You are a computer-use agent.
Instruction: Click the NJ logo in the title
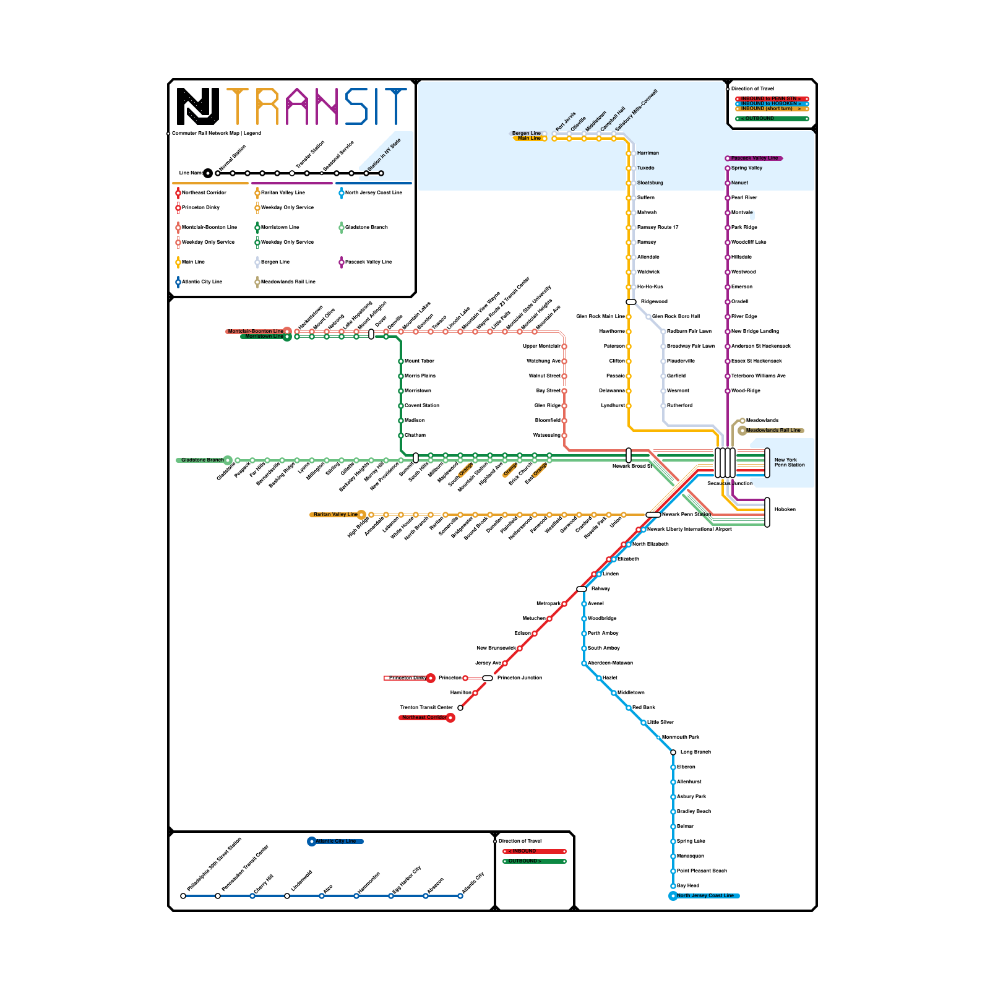point(198,106)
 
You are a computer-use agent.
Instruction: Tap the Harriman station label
point(648,153)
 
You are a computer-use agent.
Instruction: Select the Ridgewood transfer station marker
point(631,302)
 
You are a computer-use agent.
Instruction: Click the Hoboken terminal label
point(785,509)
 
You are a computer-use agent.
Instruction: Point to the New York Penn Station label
point(789,462)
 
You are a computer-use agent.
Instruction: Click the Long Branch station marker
point(673,752)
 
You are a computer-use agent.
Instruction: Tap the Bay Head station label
point(687,885)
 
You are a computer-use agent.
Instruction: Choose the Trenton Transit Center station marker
point(460,708)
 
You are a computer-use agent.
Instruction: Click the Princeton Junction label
point(519,678)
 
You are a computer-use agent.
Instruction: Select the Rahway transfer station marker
point(582,589)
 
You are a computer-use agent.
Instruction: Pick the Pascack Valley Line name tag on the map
point(754,158)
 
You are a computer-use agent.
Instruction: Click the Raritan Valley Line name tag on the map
point(335,514)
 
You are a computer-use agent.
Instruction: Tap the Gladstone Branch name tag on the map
point(202,460)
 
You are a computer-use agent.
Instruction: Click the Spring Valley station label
point(746,168)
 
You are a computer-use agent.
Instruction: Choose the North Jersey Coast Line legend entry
point(372,192)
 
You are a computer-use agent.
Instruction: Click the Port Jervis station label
point(566,121)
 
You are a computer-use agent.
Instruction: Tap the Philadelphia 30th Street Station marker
point(183,896)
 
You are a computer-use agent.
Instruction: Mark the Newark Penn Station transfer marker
point(653,515)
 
